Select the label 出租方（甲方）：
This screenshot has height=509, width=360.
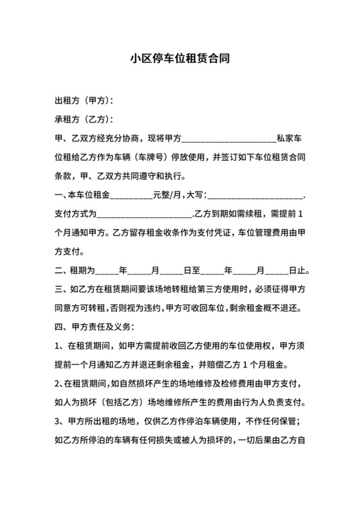pyautogui.click(x=84, y=101)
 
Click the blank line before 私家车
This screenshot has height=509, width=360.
pyautogui.click(x=230, y=138)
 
